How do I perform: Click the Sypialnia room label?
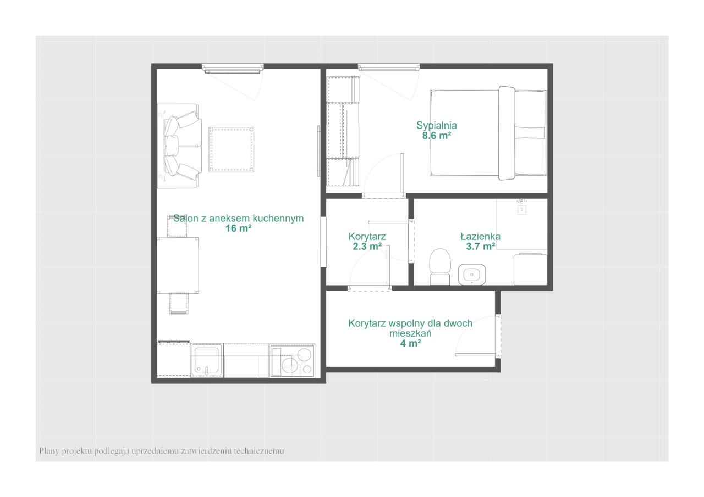437,126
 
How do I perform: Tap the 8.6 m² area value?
437,136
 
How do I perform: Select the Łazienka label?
480,236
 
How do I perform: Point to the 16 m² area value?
239,228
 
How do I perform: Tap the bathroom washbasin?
472,275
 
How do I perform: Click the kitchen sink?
207,360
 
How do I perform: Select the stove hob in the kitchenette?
292,361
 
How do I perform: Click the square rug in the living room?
232,150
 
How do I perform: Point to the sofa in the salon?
179,146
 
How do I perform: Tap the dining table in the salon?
178,265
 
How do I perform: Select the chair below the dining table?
179,304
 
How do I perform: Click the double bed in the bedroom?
488,133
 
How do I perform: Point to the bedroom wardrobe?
343,131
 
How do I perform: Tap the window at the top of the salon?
233,69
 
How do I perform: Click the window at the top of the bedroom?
389,68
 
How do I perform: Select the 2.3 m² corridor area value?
367,247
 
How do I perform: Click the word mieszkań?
410,333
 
